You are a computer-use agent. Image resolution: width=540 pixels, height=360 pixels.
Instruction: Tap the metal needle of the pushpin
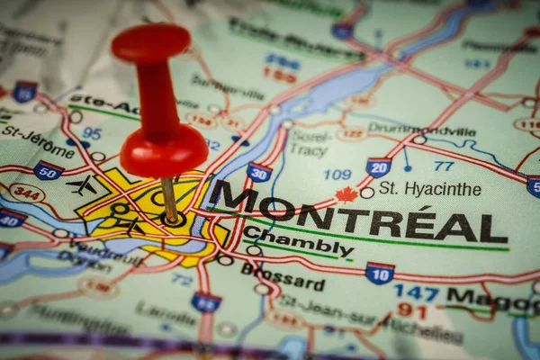(x=169, y=200)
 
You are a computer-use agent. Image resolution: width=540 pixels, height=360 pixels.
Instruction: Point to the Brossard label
(x=283, y=276)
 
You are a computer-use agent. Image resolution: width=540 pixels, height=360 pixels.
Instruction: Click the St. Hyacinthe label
(x=429, y=189)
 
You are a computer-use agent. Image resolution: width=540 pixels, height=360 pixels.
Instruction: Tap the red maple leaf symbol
(x=346, y=193)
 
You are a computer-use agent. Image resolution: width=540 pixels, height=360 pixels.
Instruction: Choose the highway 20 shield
(x=379, y=167)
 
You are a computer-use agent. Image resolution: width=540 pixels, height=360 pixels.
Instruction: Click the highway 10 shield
(x=379, y=273)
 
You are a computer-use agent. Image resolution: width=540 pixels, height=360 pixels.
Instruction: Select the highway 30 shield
(x=259, y=172)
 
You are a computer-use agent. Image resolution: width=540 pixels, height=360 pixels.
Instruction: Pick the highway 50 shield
(x=48, y=170)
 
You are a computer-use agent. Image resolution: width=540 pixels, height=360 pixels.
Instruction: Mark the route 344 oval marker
(x=27, y=193)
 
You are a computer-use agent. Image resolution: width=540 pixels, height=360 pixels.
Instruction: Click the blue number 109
(x=337, y=174)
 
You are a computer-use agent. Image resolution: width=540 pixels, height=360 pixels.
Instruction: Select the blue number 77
(x=443, y=166)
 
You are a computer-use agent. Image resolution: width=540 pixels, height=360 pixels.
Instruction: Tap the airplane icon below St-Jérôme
(x=82, y=185)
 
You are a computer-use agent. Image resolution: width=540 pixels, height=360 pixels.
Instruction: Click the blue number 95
(x=91, y=133)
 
